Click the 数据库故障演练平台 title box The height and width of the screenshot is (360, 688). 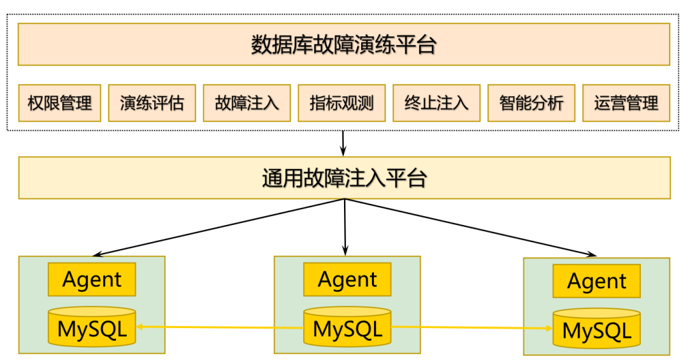click(x=344, y=45)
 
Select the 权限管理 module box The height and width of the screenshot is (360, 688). click(x=60, y=103)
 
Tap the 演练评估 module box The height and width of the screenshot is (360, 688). click(x=152, y=103)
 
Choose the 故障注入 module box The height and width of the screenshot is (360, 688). click(x=247, y=103)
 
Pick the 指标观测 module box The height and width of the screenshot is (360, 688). click(x=341, y=103)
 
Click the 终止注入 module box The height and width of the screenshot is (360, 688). click(x=436, y=103)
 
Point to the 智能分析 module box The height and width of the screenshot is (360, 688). click(x=531, y=103)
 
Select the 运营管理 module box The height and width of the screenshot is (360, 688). click(x=626, y=103)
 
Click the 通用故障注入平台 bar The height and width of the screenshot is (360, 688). click(x=344, y=178)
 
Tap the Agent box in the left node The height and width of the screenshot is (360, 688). click(x=92, y=280)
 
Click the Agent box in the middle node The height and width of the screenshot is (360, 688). click(x=347, y=280)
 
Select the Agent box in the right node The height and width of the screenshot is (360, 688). click(x=597, y=282)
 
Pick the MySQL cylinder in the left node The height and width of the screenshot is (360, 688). click(x=92, y=328)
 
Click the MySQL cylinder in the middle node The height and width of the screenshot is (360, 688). click(x=347, y=328)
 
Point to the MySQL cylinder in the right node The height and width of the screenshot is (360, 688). click(x=597, y=330)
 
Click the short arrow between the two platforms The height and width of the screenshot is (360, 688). click(x=343, y=143)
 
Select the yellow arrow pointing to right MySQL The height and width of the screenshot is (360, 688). click(x=471, y=328)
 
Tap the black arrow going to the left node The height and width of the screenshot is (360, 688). click(x=217, y=227)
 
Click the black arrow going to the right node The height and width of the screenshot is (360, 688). click(x=471, y=227)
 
